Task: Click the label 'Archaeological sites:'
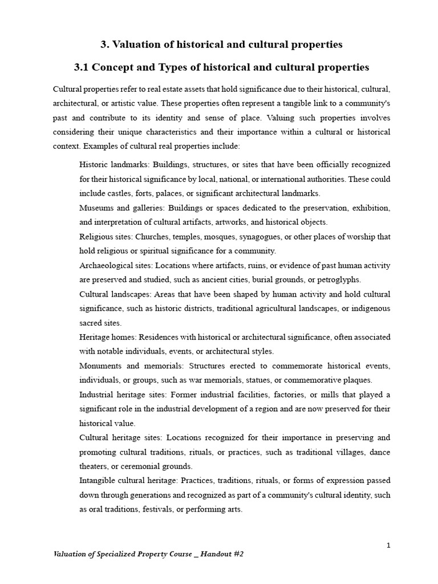coord(116,265)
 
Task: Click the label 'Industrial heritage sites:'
coord(120,395)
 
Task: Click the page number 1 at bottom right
coord(388,546)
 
